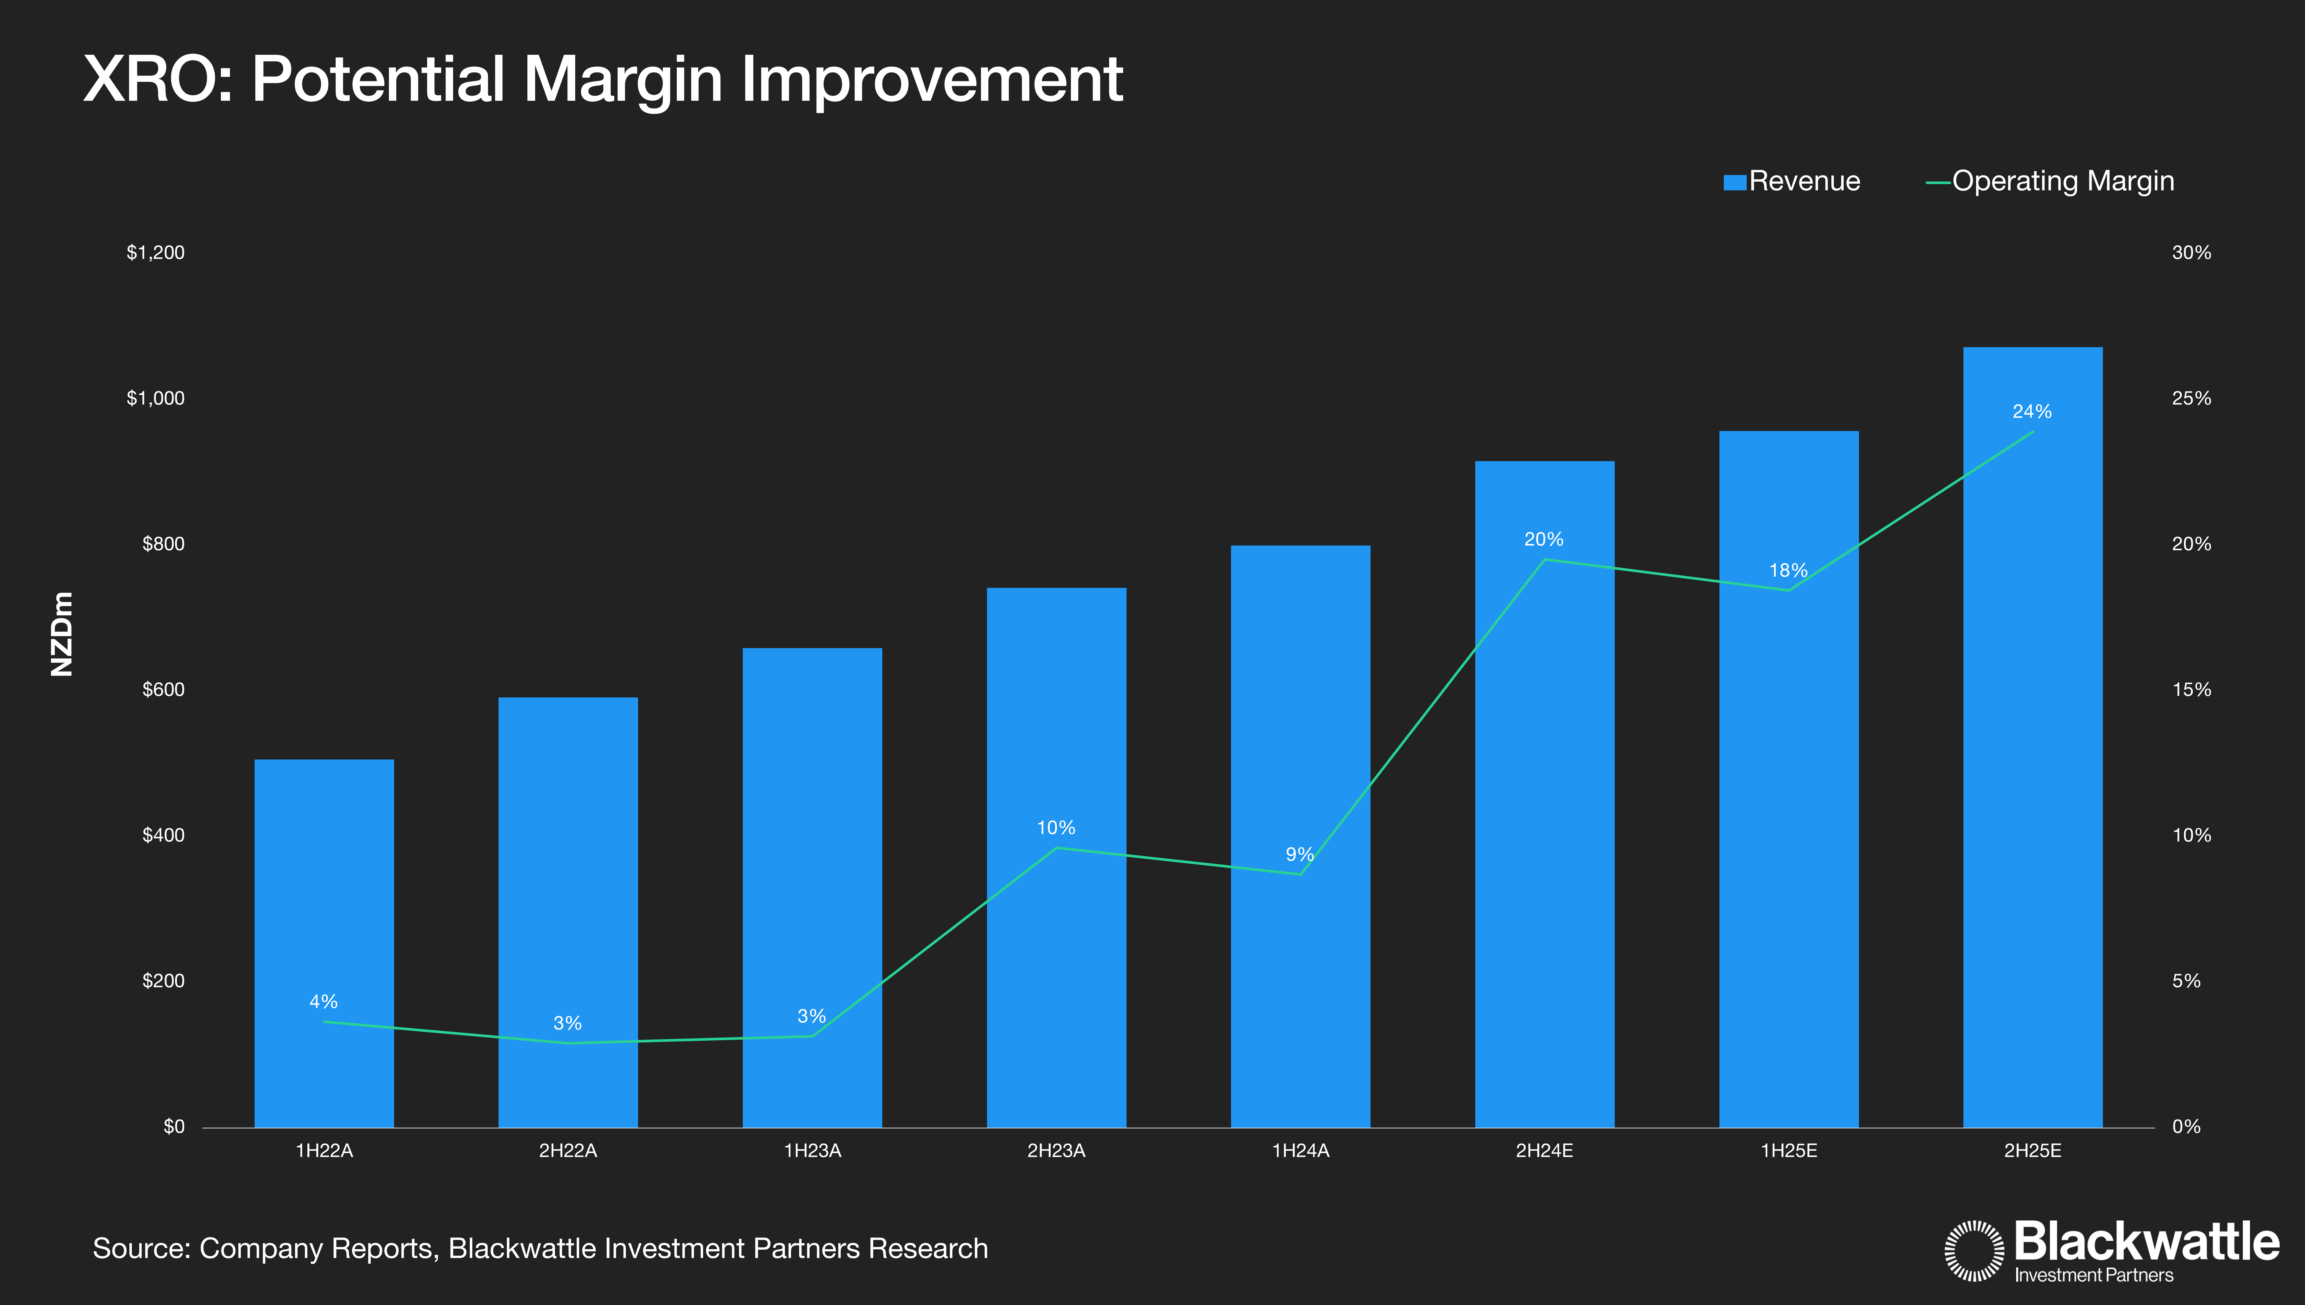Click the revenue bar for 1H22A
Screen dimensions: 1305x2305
coord(324,941)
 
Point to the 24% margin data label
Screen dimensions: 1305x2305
coord(2032,411)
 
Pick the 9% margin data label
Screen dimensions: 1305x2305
coord(1299,854)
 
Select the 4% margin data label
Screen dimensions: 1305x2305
coord(324,1001)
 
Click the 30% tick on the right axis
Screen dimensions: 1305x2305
coord(2191,253)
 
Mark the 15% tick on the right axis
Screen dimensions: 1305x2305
coord(2191,689)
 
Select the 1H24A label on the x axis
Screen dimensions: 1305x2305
coord(1300,1151)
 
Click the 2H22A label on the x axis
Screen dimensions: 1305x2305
coord(567,1151)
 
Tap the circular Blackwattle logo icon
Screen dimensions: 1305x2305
coord(1973,1250)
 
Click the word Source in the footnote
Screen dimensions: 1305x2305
coord(142,1249)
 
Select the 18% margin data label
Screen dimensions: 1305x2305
coord(1788,570)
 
